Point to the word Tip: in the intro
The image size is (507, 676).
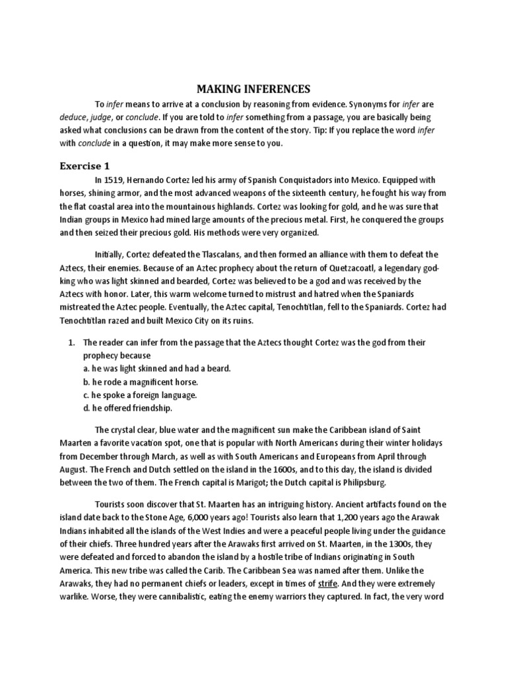click(x=345, y=130)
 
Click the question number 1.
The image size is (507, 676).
click(x=72, y=342)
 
